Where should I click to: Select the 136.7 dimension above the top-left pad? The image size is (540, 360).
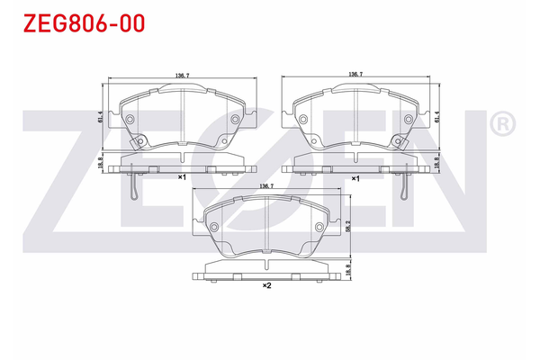pos(182,76)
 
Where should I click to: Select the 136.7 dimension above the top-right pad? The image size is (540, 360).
pos(355,76)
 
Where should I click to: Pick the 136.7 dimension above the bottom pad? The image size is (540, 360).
pos(266,185)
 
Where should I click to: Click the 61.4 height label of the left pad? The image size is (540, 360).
pos(99,117)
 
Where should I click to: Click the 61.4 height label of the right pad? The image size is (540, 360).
pos(439,117)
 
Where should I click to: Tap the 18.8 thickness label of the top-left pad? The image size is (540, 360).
pos(99,165)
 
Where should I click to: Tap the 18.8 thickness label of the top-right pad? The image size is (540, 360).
pos(439,165)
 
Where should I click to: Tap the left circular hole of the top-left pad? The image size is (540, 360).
pos(129,120)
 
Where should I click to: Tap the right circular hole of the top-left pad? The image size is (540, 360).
pos(235,120)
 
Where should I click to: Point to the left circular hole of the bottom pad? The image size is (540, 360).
pos(214,227)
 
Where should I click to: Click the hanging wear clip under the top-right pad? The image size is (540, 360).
pos(403,187)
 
